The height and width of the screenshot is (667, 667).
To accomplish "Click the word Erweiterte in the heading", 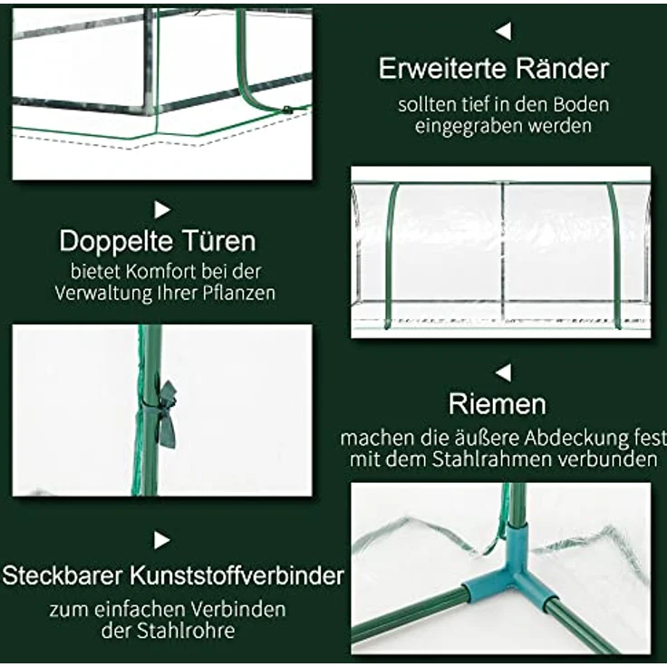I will click(445, 68).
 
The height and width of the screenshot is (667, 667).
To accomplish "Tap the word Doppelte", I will click(111, 241).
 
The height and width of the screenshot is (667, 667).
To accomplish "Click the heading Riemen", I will click(498, 403).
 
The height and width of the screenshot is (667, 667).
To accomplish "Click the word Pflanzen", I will click(242, 293).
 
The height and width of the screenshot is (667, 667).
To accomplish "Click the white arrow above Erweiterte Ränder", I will click(503, 31).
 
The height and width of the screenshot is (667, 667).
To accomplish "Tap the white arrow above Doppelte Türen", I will click(162, 210).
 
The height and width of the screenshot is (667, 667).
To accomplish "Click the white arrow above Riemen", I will click(503, 372).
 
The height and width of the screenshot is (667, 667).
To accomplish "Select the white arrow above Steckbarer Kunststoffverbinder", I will click(162, 541).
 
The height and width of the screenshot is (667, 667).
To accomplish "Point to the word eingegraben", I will click(459, 126).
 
